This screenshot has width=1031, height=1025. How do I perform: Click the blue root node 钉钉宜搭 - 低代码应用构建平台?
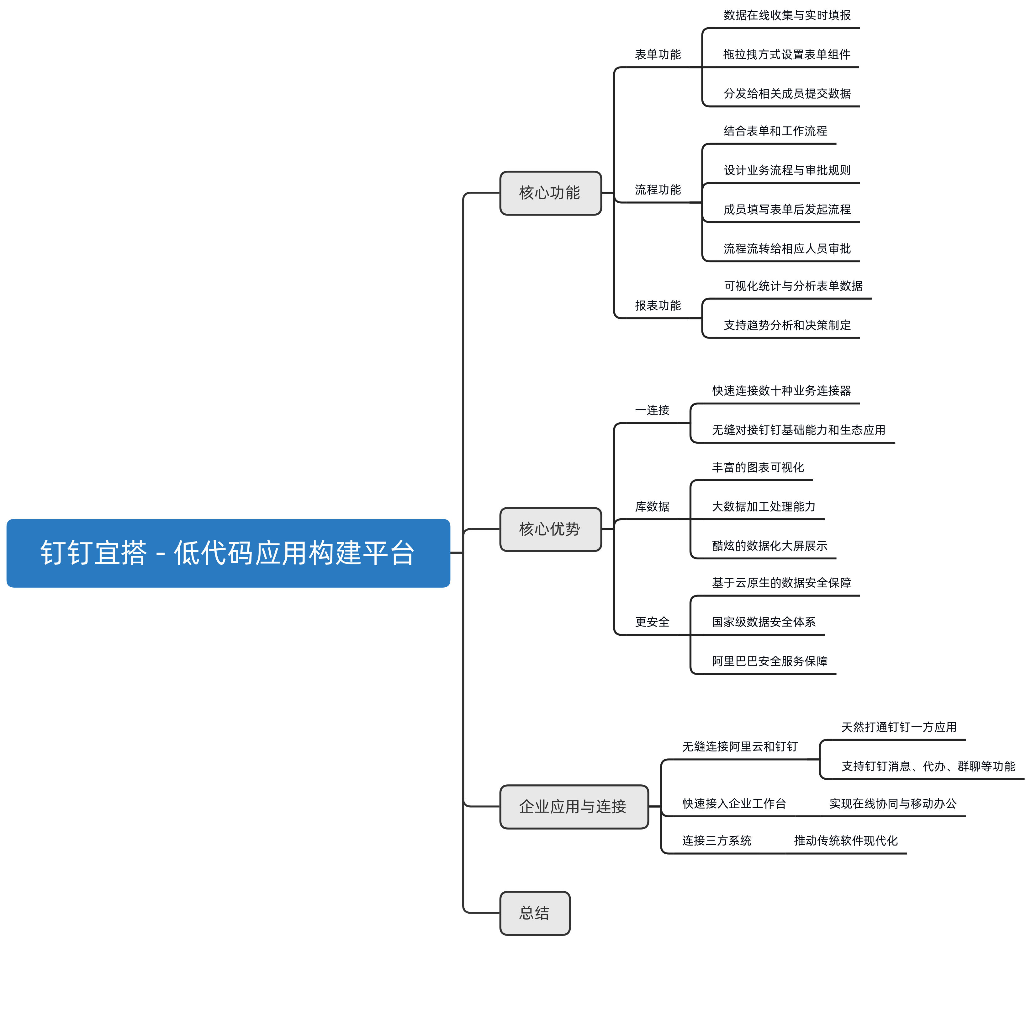(x=228, y=553)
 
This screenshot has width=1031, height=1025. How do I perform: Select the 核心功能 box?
(x=550, y=193)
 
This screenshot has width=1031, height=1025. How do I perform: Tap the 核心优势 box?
(x=550, y=529)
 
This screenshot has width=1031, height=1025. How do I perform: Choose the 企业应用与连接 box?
(x=574, y=806)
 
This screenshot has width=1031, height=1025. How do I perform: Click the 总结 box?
(x=535, y=913)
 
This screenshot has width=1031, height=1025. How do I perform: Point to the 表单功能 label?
(x=658, y=55)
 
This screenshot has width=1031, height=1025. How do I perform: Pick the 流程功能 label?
(x=658, y=190)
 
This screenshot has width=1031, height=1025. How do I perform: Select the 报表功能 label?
(x=658, y=305)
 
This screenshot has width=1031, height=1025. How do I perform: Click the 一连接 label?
(x=652, y=410)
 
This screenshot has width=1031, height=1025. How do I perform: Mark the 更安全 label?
(x=652, y=622)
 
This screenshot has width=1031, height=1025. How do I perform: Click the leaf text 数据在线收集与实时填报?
(x=787, y=15)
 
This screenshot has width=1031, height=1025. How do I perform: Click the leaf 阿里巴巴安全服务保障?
(x=769, y=661)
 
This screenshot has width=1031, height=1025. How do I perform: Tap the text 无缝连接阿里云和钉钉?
(x=740, y=747)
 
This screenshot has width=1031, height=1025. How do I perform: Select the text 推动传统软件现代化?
(x=845, y=841)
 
